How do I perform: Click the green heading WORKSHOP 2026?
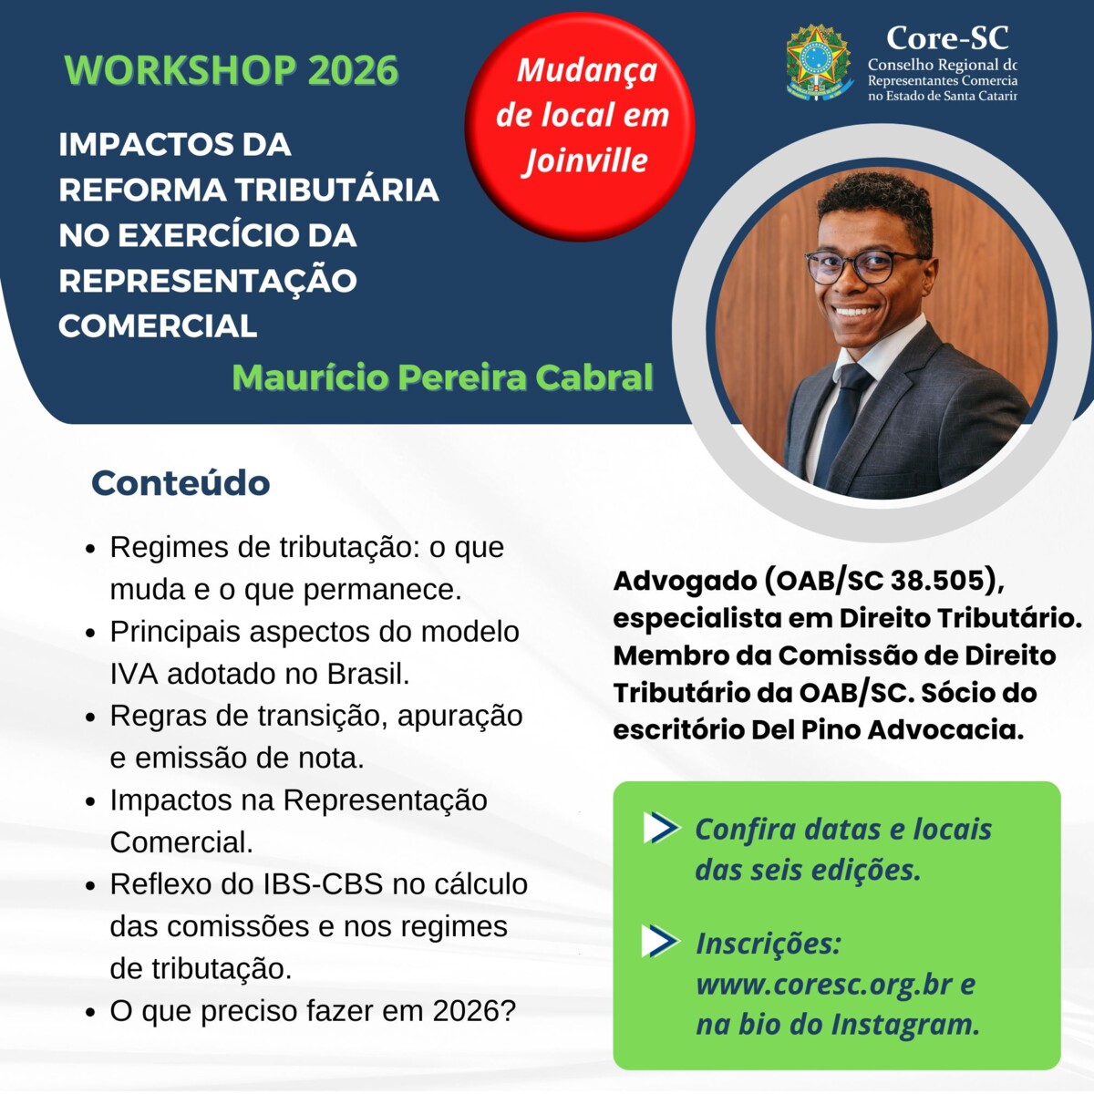pos(232,71)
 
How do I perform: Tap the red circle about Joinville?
pos(581,127)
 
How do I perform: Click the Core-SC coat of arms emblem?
pos(818,62)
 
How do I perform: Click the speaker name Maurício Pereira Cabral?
pos(442,377)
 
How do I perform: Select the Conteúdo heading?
pos(181,483)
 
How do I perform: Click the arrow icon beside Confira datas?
pos(660,828)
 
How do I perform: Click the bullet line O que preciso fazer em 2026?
pos(313,1011)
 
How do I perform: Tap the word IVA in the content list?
pos(135,674)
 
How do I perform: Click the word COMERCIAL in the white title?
pos(158,325)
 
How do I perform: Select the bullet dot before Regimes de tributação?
pos(90,550)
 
